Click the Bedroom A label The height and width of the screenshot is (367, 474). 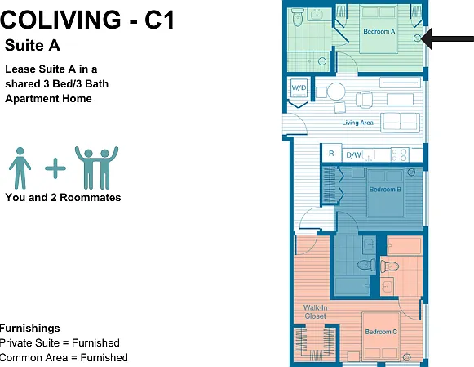click(379, 31)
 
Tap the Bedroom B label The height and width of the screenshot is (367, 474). click(385, 190)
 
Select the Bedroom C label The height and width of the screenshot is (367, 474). click(381, 332)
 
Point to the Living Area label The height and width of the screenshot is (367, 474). click(357, 123)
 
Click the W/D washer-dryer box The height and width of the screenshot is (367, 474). click(299, 87)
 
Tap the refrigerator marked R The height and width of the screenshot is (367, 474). click(331, 153)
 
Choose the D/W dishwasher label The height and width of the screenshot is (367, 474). click(353, 155)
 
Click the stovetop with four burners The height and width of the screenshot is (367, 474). click(400, 154)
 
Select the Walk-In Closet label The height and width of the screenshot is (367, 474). click(315, 312)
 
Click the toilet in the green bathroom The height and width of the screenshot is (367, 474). click(298, 17)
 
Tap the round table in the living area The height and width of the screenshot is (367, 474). click(336, 92)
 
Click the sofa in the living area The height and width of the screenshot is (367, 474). click(400, 123)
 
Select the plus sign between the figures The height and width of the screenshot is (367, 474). click(55, 168)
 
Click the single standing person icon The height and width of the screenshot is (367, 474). click(20, 168)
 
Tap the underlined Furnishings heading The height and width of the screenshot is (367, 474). click(29, 329)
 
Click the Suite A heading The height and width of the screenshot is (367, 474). click(33, 46)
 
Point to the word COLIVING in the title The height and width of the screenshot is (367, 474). click(60, 20)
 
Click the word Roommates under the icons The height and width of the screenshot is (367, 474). click(91, 198)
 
